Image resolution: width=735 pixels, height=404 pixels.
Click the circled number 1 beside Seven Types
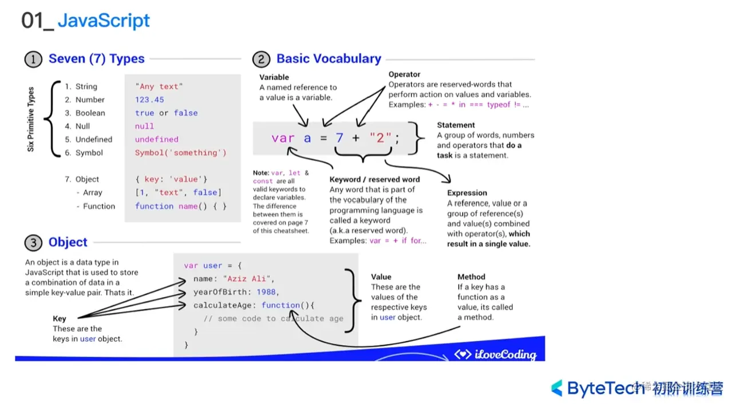33,59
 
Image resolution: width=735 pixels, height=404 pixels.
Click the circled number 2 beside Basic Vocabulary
260,59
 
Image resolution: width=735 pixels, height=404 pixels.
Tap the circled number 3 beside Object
33,243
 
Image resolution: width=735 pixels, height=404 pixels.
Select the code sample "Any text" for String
159,86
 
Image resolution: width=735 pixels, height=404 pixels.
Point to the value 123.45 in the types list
149,100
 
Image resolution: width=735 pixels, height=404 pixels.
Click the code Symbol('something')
180,153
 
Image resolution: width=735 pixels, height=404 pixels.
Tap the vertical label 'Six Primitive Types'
31,119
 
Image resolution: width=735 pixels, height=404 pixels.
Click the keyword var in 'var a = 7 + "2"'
283,138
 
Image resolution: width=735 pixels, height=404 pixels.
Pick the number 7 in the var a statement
339,138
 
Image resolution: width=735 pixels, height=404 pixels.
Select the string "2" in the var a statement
380,138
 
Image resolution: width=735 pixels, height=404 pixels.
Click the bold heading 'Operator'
404,74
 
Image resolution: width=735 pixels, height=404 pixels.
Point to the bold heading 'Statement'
456,125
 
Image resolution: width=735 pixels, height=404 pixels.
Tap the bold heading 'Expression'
467,193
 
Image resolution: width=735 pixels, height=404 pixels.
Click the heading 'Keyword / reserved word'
374,179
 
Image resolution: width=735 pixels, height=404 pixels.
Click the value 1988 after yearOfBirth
266,292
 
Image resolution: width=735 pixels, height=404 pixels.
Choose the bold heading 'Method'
471,276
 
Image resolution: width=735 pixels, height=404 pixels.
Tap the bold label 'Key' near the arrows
60,319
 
